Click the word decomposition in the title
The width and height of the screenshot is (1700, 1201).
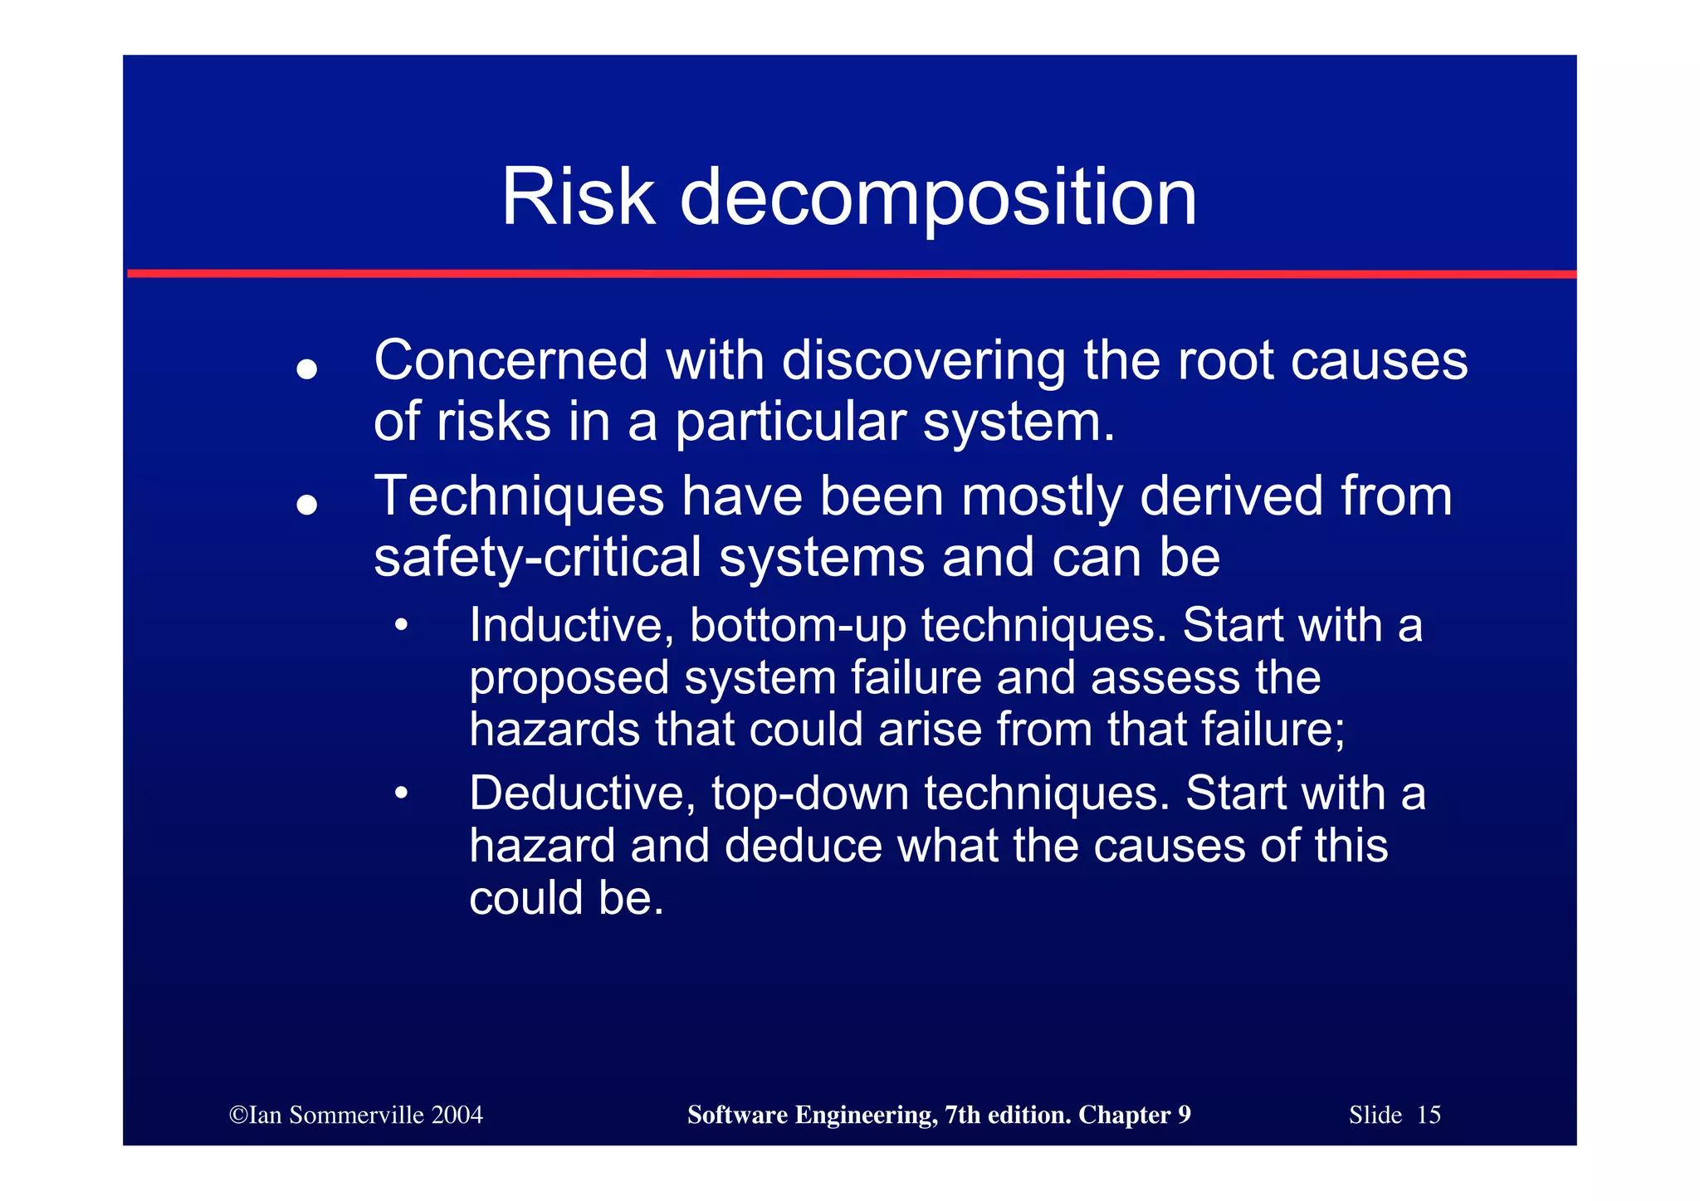click(938, 199)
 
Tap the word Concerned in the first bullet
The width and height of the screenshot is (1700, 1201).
click(510, 361)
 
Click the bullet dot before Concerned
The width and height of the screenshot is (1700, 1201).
click(307, 369)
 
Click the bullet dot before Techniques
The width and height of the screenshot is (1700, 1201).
click(307, 504)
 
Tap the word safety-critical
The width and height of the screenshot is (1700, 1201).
click(537, 558)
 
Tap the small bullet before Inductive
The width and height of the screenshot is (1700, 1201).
click(402, 626)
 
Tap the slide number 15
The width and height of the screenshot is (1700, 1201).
click(1428, 1115)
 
